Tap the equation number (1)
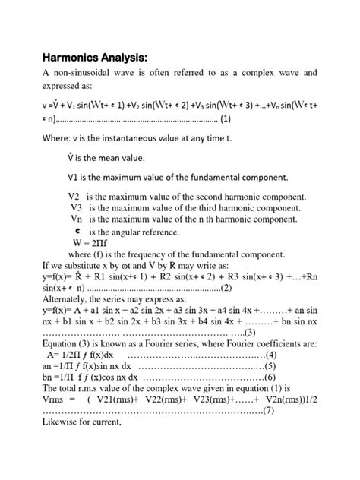pos(231,119)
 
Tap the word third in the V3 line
pos(188,207)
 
